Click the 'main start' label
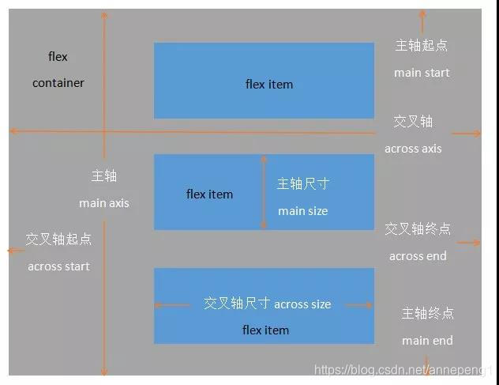click(422, 73)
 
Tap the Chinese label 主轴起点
click(422, 46)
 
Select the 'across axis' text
click(413, 149)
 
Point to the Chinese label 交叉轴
click(413, 122)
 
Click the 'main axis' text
click(103, 203)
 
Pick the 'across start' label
click(58, 266)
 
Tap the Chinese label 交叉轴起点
click(58, 239)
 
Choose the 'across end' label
click(418, 256)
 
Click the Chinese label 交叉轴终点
click(418, 229)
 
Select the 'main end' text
click(427, 341)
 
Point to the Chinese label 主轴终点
click(427, 313)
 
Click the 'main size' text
click(302, 211)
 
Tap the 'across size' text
click(302, 304)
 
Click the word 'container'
click(58, 83)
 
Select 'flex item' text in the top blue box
click(269, 85)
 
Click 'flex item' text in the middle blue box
click(209, 194)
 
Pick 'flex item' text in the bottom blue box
click(265, 330)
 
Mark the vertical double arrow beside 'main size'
click(265, 192)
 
